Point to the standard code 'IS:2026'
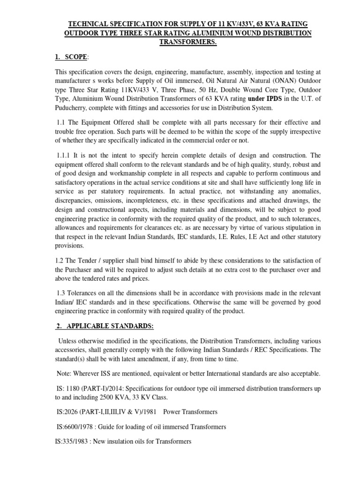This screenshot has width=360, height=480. click(66, 412)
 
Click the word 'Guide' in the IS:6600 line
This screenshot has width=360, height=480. click(111, 427)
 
